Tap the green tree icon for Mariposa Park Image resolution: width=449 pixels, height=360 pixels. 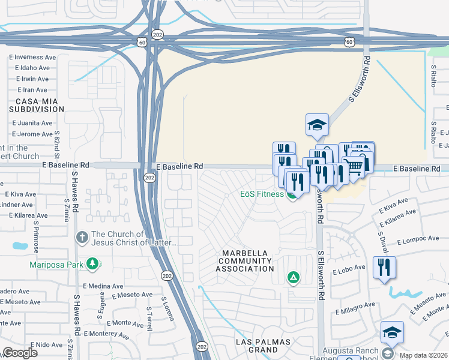(x=92, y=263)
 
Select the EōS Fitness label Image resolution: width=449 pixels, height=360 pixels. (x=258, y=194)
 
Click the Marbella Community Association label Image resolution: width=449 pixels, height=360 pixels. (x=247, y=260)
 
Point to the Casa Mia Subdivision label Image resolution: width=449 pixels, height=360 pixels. (x=37, y=105)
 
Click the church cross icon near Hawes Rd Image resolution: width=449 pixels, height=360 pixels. (x=82, y=237)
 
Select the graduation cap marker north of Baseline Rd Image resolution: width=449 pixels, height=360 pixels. (x=317, y=125)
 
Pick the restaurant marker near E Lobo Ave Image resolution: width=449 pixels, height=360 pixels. (x=384, y=268)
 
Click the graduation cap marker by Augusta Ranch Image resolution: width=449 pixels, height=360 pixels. (x=392, y=332)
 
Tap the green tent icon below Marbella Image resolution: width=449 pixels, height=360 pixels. (x=293, y=277)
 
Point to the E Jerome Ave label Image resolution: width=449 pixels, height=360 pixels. (x=32, y=134)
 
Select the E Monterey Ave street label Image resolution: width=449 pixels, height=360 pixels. (x=106, y=334)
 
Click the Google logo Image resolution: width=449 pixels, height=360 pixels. (x=20, y=352)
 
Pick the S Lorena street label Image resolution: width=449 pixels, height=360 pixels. (x=167, y=308)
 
